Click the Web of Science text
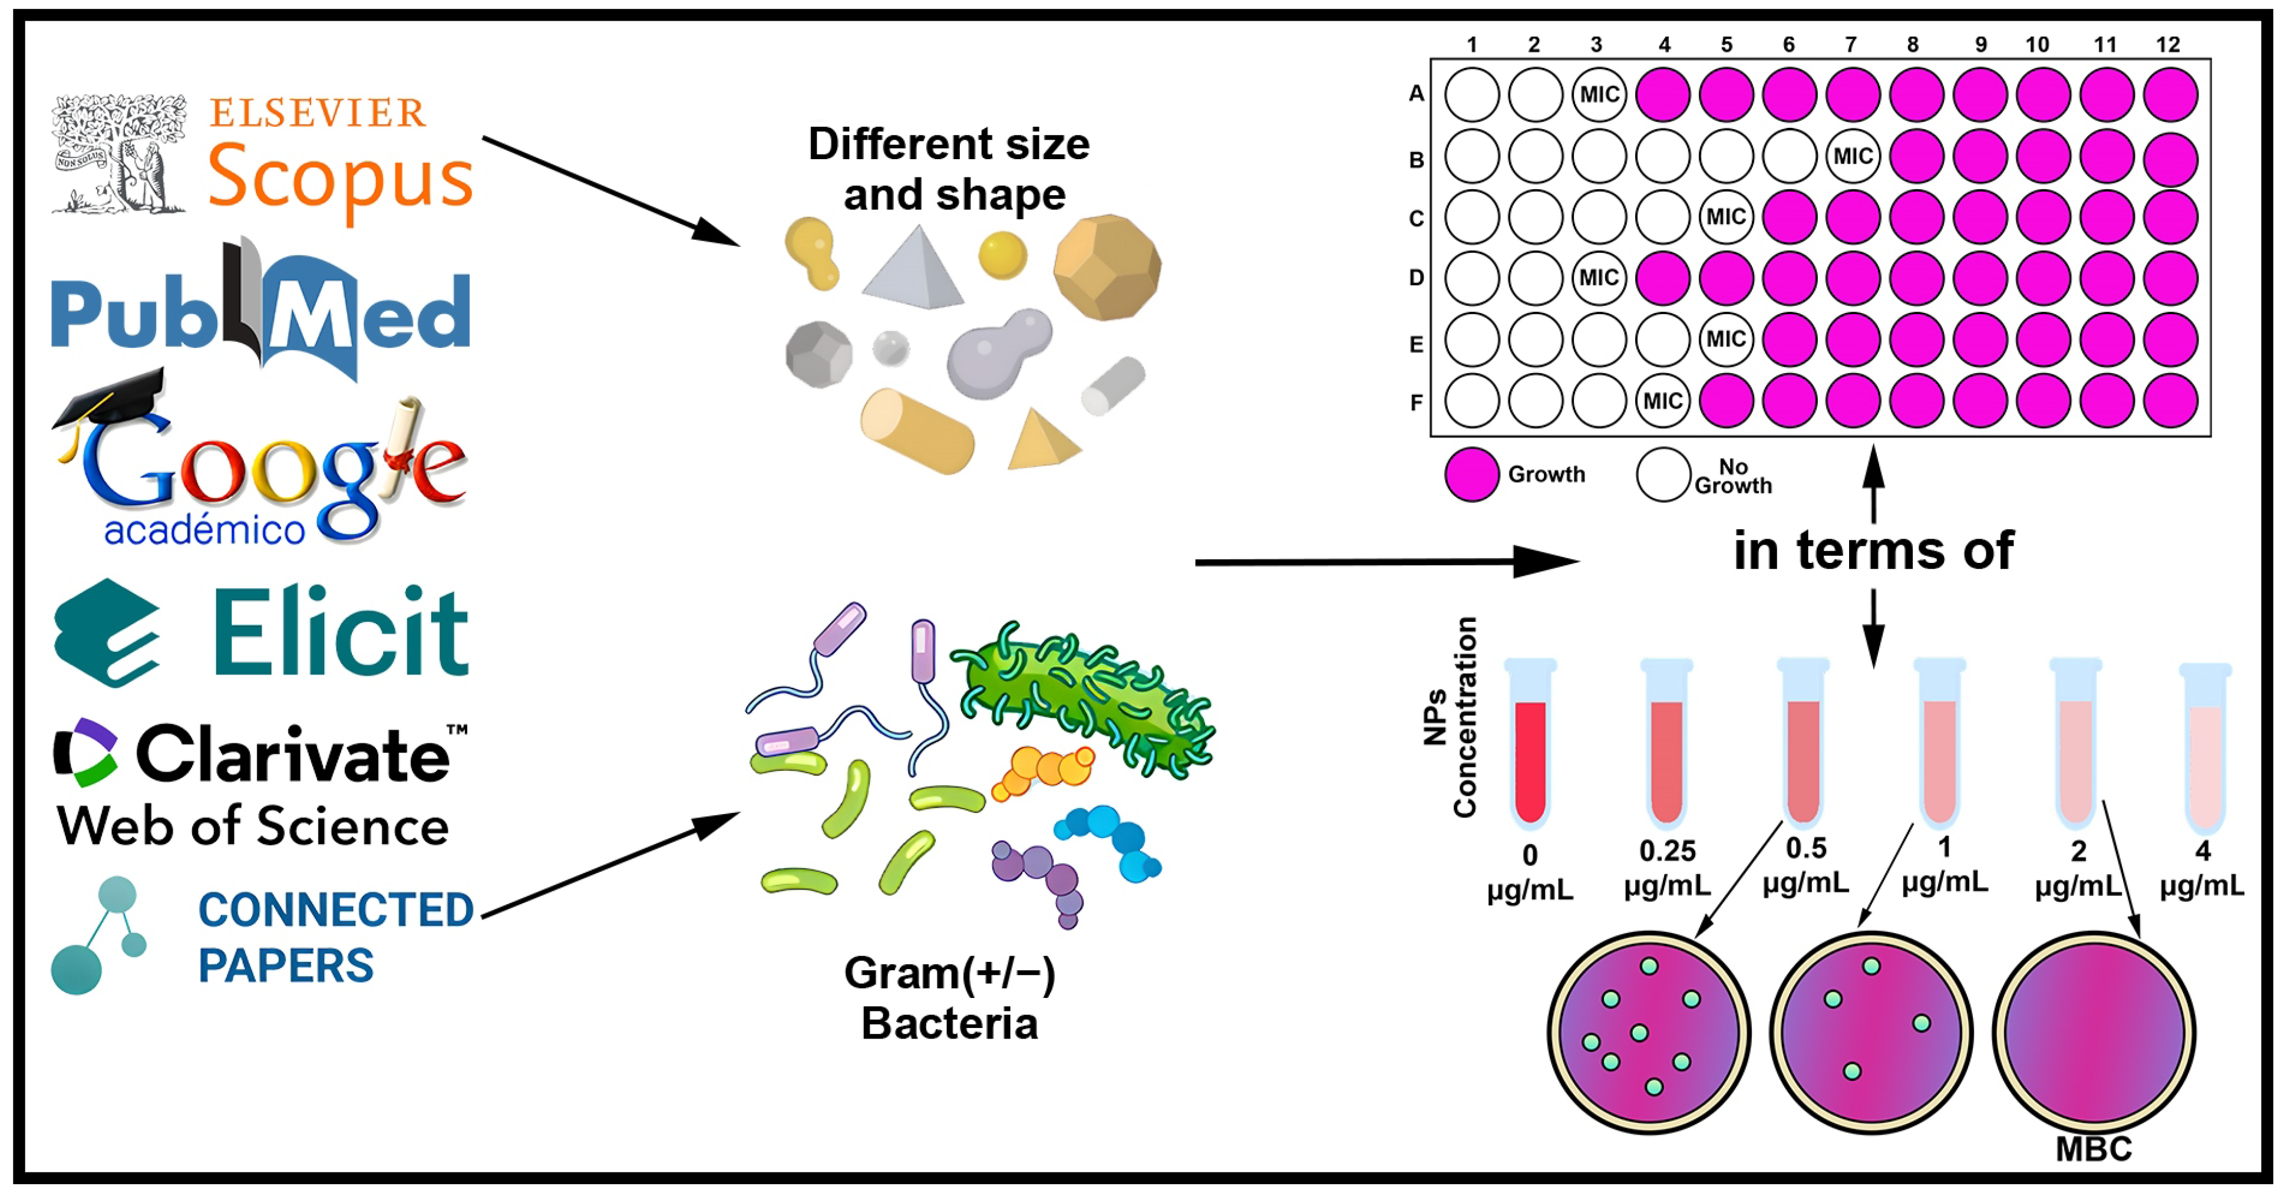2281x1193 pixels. click(252, 827)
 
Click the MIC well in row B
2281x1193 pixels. click(1853, 156)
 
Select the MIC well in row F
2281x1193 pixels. click(1663, 401)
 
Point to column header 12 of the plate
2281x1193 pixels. click(2168, 44)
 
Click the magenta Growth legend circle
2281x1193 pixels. click(1472, 474)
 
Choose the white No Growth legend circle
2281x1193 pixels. click(1663, 474)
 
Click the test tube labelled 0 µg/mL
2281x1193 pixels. click(1530, 744)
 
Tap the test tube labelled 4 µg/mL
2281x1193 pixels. click(2205, 749)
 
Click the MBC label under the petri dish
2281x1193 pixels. click(2093, 1149)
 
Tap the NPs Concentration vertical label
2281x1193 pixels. click(1450, 717)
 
